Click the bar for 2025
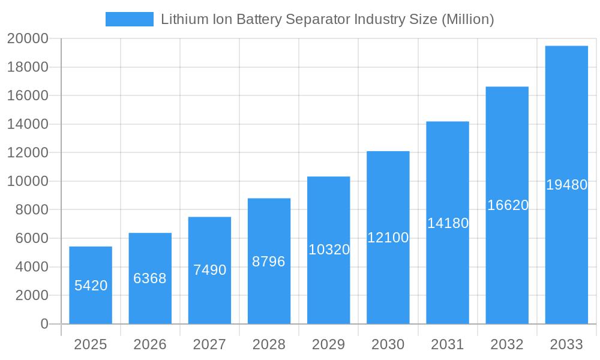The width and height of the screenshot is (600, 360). pos(91,285)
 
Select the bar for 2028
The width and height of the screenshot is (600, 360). pos(269,261)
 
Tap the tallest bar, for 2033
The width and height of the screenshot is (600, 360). pos(566,185)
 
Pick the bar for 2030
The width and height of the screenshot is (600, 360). pos(388,238)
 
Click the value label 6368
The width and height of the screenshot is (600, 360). pos(150,278)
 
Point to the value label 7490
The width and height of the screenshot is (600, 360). pos(209,270)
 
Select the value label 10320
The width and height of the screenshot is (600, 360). pos(329,250)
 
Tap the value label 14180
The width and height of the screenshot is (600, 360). pos(448,223)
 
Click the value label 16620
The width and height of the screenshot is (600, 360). pos(508,205)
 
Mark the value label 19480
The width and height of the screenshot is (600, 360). pos(566,185)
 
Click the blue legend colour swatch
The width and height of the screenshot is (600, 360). pos(129,19)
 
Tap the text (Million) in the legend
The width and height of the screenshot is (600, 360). pos(467,19)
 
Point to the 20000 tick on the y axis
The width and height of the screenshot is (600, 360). pos(27,39)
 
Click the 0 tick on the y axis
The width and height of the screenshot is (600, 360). pos(44,324)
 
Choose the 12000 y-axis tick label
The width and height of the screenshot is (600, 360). pos(27,153)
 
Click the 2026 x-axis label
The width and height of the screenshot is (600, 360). pos(150,344)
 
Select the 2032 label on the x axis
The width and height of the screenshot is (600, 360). pos(507,344)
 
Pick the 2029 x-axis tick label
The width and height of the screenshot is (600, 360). pos(328,344)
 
